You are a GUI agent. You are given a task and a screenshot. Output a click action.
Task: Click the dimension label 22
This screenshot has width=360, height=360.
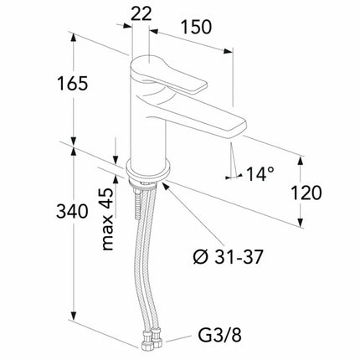[x=141, y=14]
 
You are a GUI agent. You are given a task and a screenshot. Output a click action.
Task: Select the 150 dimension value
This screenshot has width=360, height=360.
[x=196, y=27]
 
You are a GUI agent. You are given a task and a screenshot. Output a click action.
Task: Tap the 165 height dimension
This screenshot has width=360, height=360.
[x=73, y=83]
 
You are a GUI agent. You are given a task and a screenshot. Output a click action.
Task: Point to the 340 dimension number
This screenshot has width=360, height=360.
[x=72, y=211]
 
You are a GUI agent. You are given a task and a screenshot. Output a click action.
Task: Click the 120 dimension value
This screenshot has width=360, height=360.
[x=306, y=193]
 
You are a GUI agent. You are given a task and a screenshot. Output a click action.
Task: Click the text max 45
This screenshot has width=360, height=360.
[x=107, y=219]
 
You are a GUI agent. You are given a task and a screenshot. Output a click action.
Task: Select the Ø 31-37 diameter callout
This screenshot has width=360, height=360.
[x=228, y=257]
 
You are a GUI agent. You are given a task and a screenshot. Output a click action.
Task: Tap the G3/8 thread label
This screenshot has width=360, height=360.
[x=219, y=335]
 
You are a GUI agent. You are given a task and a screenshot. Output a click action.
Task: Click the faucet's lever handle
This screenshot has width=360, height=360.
[x=170, y=75]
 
